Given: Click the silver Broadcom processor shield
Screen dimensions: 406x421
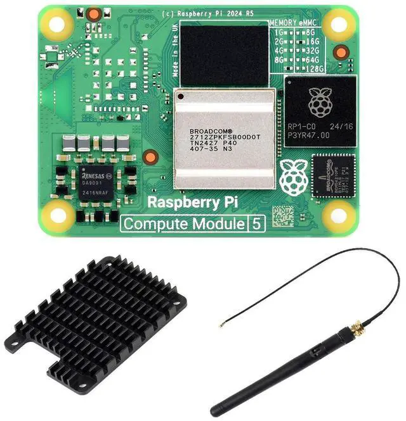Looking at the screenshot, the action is click(x=225, y=139).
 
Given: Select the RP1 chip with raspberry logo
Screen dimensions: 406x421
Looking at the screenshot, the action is click(x=320, y=111).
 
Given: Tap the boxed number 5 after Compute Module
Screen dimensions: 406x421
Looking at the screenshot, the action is click(x=256, y=223).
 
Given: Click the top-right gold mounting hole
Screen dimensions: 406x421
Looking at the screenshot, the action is click(x=339, y=25).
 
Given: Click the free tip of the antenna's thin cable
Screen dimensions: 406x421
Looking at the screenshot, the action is click(x=221, y=326).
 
